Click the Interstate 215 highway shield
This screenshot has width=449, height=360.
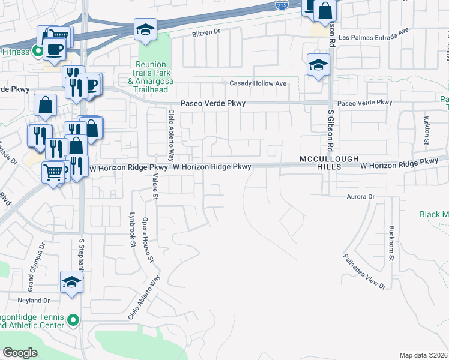tap(281, 5)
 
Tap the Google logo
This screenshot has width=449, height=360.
tap(20, 353)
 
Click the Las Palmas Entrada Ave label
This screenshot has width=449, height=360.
tap(373, 37)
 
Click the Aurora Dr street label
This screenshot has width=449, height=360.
tap(360, 196)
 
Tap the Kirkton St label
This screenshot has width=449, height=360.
tap(427, 130)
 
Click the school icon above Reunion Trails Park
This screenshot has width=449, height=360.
tap(145, 29)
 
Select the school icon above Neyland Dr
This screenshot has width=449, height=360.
tap(71, 281)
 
